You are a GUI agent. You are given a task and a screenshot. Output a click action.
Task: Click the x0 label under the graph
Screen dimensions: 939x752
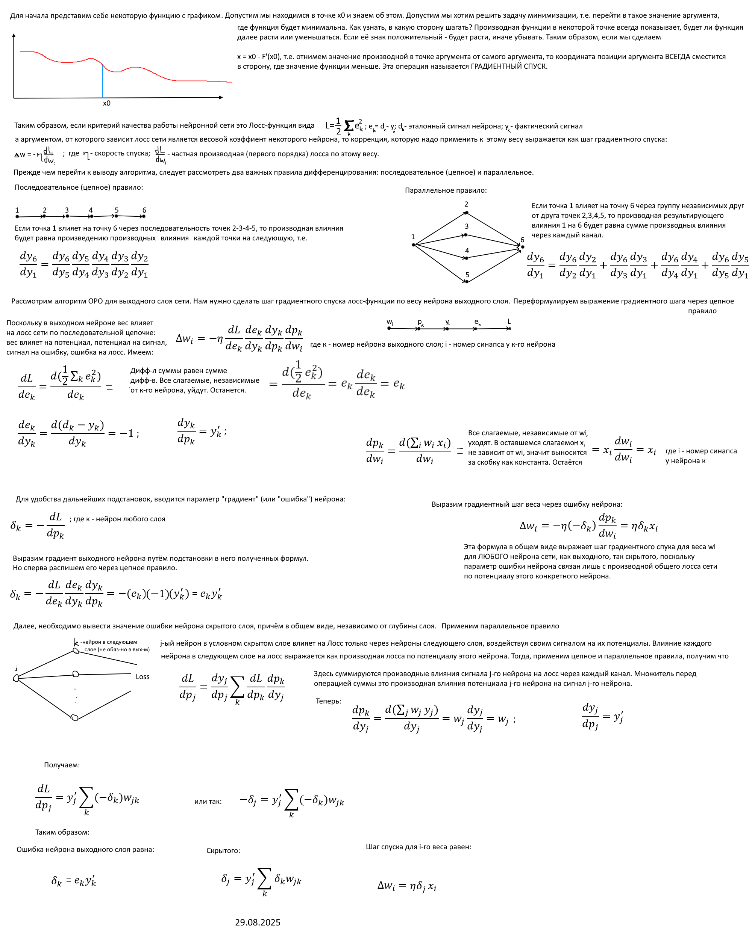pyautogui.click(x=106, y=103)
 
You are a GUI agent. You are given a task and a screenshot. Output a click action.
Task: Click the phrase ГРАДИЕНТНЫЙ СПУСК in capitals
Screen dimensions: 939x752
pyautogui.click(x=509, y=66)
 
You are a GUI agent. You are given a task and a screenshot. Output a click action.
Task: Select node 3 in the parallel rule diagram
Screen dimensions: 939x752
pyautogui.click(x=465, y=235)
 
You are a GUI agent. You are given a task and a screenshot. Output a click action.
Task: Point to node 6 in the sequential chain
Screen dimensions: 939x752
pyautogui.click(x=144, y=216)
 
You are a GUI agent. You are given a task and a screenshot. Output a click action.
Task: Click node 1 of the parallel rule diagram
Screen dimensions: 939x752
pyautogui.click(x=414, y=245)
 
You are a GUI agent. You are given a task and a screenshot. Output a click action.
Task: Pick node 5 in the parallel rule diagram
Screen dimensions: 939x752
pyautogui.click(x=467, y=281)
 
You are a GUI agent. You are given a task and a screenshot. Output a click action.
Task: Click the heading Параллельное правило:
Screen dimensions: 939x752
pyautogui.click(x=446, y=190)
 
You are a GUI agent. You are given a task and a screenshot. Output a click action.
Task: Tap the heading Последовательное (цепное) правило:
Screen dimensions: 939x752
pyautogui.click(x=79, y=187)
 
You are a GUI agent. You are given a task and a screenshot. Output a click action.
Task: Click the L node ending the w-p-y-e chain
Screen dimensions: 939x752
pyautogui.click(x=509, y=328)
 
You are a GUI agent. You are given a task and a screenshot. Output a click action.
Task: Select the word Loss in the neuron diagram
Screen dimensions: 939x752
pyautogui.click(x=143, y=676)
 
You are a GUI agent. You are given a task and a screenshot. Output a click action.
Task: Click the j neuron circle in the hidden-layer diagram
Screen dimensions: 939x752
pyautogui.click(x=16, y=678)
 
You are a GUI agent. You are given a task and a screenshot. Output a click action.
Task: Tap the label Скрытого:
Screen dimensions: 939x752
pyautogui.click(x=223, y=851)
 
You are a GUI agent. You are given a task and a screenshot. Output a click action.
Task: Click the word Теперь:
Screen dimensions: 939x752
pyautogui.click(x=328, y=701)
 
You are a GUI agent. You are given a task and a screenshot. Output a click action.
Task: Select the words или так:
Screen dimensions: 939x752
pyautogui.click(x=208, y=802)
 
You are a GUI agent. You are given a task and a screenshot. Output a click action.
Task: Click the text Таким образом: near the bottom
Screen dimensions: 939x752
pyautogui.click(x=62, y=832)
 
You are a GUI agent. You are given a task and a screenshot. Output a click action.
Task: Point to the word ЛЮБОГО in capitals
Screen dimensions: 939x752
pyautogui.click(x=492, y=557)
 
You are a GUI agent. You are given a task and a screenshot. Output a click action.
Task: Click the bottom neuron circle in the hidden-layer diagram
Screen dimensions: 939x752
pyautogui.click(x=74, y=717)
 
